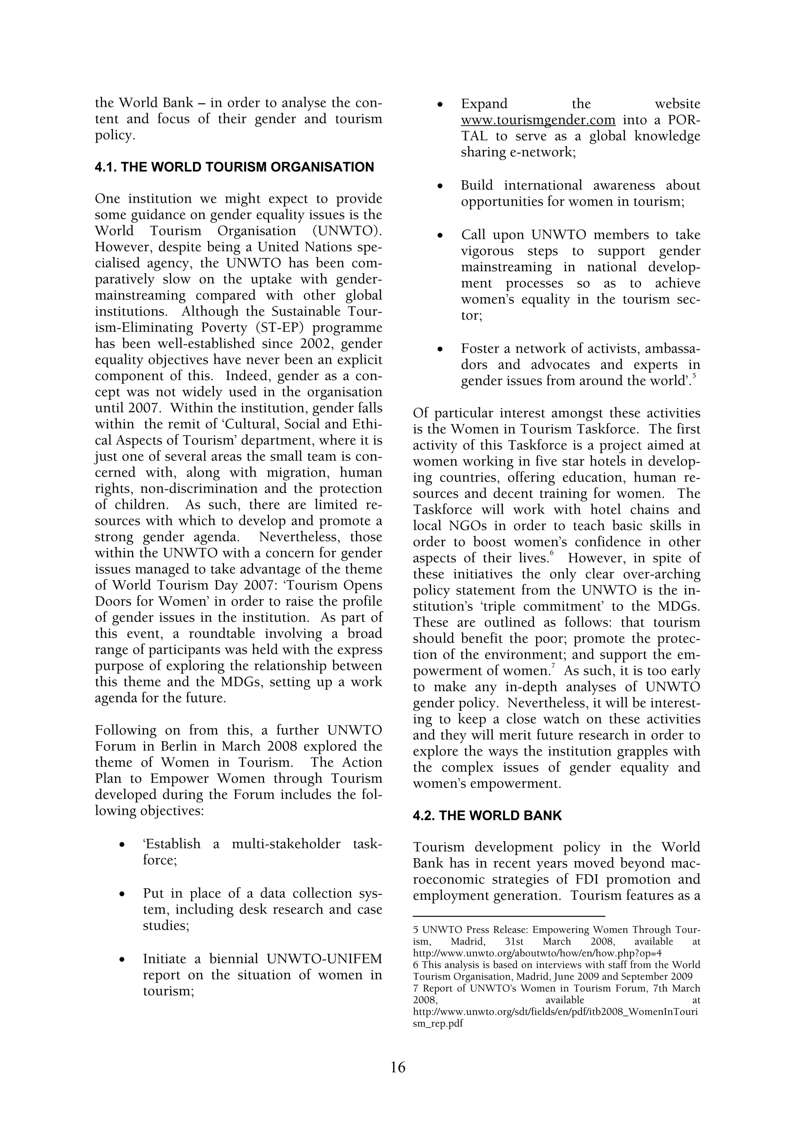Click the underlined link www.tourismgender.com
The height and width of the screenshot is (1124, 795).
tap(538, 120)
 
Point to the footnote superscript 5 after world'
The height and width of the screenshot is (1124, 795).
tap(694, 375)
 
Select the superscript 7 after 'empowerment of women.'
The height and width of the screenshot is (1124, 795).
tap(552, 666)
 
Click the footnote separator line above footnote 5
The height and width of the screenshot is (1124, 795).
tap(509, 915)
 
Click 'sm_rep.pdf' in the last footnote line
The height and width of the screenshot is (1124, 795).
tap(438, 1023)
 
